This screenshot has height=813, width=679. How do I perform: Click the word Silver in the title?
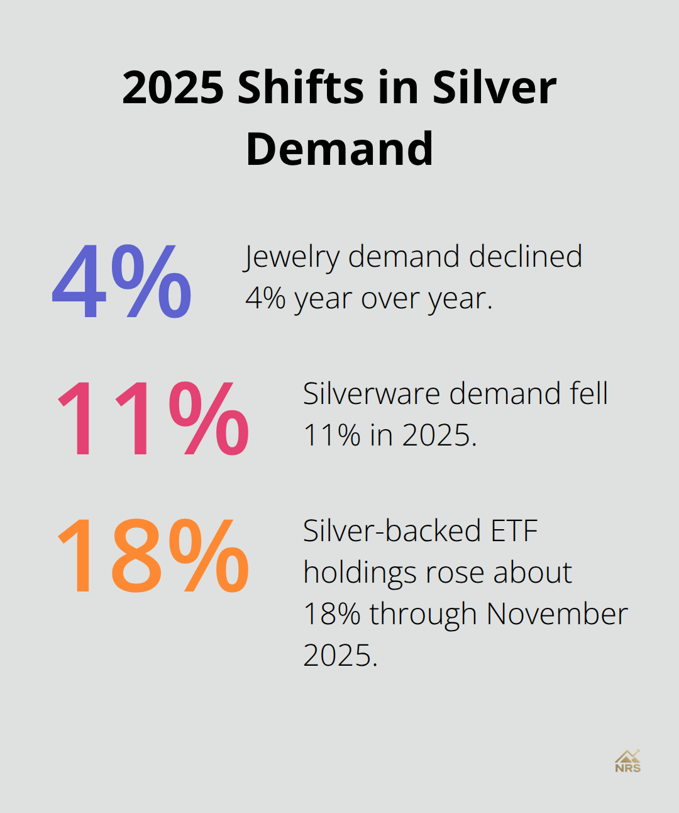click(494, 87)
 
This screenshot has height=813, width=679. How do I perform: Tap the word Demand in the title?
click(339, 149)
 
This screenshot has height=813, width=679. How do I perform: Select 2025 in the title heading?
click(173, 87)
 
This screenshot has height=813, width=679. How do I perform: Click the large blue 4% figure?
click(122, 281)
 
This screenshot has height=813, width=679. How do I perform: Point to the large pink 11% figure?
click(153, 418)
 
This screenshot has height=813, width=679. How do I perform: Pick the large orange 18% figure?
click(153, 556)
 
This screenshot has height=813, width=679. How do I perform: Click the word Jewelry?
click(292, 257)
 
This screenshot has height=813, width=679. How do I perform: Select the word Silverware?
click(372, 394)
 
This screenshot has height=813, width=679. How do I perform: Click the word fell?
click(588, 394)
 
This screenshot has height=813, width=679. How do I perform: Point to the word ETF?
click(514, 530)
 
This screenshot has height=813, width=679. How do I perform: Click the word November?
click(557, 614)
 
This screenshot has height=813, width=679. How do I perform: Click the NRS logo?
click(627, 761)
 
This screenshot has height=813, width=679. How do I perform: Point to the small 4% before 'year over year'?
click(265, 298)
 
